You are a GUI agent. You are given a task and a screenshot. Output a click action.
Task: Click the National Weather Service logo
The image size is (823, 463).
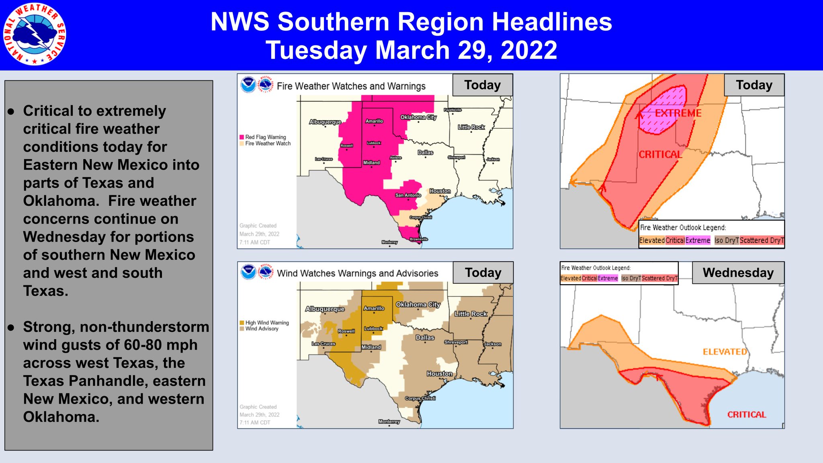(34, 34)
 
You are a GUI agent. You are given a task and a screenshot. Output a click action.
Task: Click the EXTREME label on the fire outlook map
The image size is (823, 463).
(678, 113)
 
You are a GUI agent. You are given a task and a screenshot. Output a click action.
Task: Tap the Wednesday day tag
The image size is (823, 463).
(738, 272)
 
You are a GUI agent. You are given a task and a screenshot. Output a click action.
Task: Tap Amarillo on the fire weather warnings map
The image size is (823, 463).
(374, 121)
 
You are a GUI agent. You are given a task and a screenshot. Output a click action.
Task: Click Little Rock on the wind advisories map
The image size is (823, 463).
(471, 314)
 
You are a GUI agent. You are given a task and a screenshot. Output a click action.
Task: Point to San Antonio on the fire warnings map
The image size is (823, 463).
(408, 195)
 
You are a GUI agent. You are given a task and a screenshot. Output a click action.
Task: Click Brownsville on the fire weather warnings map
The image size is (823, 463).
(419, 239)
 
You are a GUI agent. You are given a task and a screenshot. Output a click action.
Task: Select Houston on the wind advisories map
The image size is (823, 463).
(439, 374)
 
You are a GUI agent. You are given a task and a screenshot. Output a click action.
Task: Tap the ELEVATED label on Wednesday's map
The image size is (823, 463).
(725, 352)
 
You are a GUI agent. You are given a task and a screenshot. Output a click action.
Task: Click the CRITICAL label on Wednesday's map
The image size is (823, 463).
(746, 414)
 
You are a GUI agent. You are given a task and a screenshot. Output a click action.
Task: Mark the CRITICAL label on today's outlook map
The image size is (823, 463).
(660, 154)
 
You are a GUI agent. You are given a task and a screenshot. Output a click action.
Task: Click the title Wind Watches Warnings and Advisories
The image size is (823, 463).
(357, 273)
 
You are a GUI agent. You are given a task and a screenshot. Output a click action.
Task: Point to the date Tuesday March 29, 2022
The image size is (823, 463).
(411, 50)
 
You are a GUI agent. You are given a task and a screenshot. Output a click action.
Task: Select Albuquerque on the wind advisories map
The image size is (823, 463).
(325, 309)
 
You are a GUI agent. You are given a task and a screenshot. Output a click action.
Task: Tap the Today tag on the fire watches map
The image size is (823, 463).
(482, 85)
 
